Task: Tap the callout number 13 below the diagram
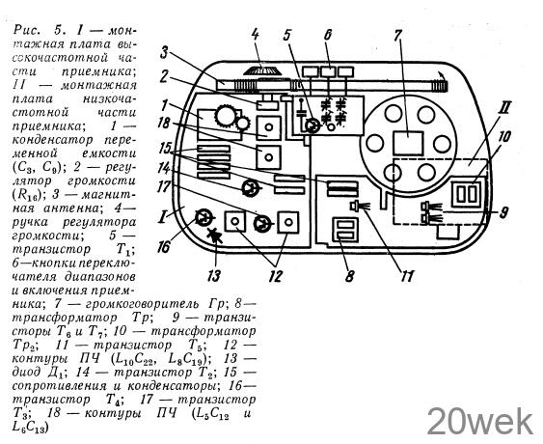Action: [214, 276]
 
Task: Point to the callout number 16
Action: [163, 247]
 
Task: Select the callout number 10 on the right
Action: [504, 136]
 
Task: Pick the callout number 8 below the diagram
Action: [349, 276]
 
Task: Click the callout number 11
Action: [407, 276]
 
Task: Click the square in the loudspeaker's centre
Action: [409, 143]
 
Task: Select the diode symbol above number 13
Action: [215, 235]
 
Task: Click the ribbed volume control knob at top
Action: [262, 70]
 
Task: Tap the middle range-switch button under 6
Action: [328, 71]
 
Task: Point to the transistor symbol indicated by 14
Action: [250, 188]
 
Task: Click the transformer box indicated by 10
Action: [467, 194]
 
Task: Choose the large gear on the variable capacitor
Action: [225, 116]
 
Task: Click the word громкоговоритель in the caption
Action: [139, 304]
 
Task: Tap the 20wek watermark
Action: [480, 422]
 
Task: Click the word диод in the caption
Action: [27, 372]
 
